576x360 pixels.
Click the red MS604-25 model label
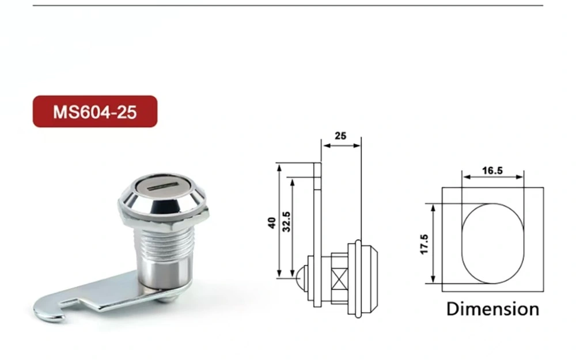pyautogui.click(x=94, y=111)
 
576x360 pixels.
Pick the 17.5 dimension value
pyautogui.click(x=425, y=244)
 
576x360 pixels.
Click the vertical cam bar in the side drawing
pyautogui.click(x=317, y=230)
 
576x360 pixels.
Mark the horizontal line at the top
pyautogui.click(x=288, y=5)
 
